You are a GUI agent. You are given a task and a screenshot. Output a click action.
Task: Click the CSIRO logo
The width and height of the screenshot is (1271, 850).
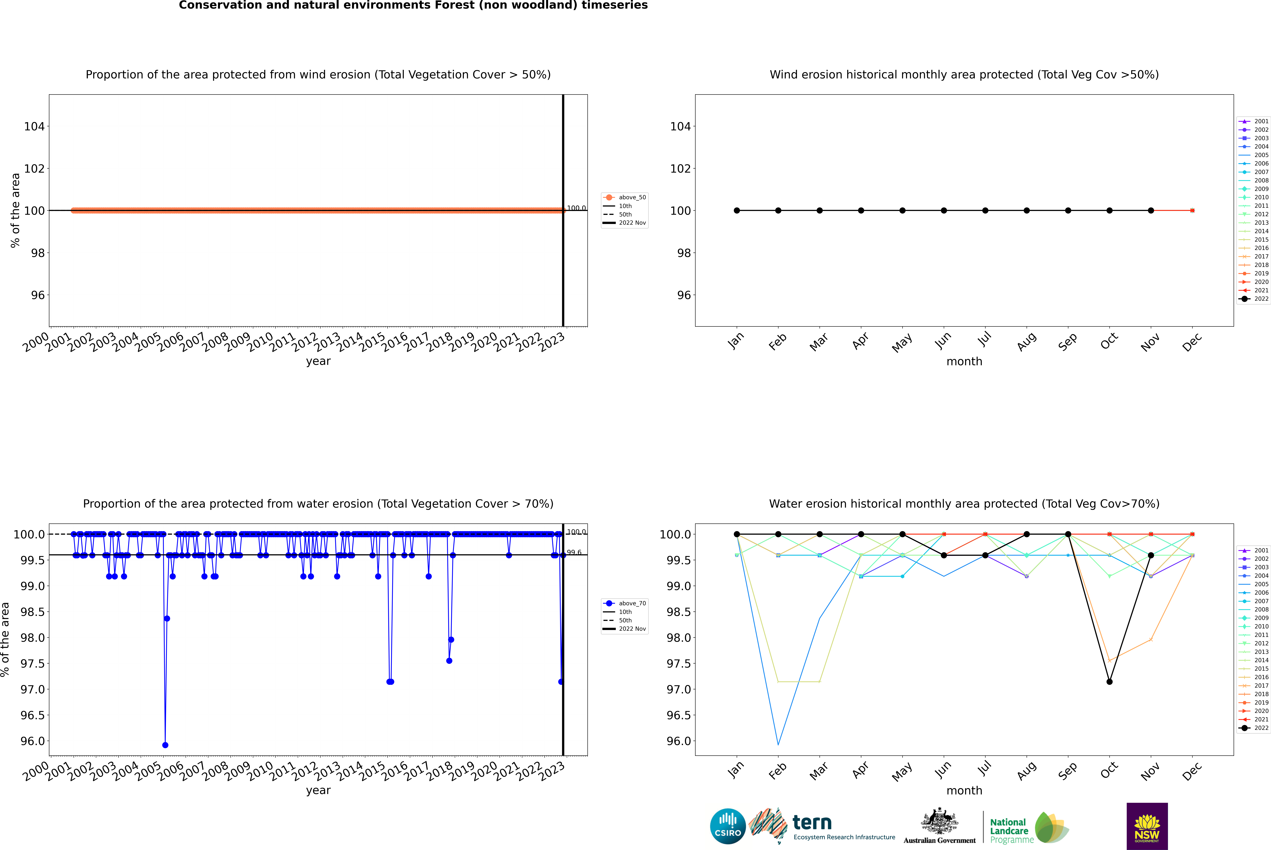(x=728, y=826)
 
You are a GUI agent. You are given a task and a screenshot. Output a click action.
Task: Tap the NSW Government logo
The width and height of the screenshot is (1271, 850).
(x=1147, y=826)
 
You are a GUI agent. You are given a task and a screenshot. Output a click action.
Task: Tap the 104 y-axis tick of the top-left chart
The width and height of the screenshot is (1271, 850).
(x=34, y=126)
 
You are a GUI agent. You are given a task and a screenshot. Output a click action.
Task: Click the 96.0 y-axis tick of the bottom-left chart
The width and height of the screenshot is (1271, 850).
(x=33, y=741)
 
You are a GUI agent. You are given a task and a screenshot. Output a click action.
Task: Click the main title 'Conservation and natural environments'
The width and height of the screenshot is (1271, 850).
(x=413, y=5)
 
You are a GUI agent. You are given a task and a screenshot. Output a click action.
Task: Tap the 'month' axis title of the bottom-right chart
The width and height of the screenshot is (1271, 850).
(x=964, y=790)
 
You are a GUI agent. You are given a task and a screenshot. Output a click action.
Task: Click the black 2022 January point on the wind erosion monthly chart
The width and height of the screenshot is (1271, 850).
(x=737, y=210)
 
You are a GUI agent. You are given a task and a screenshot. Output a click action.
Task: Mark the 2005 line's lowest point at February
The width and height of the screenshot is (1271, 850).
(x=778, y=745)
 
